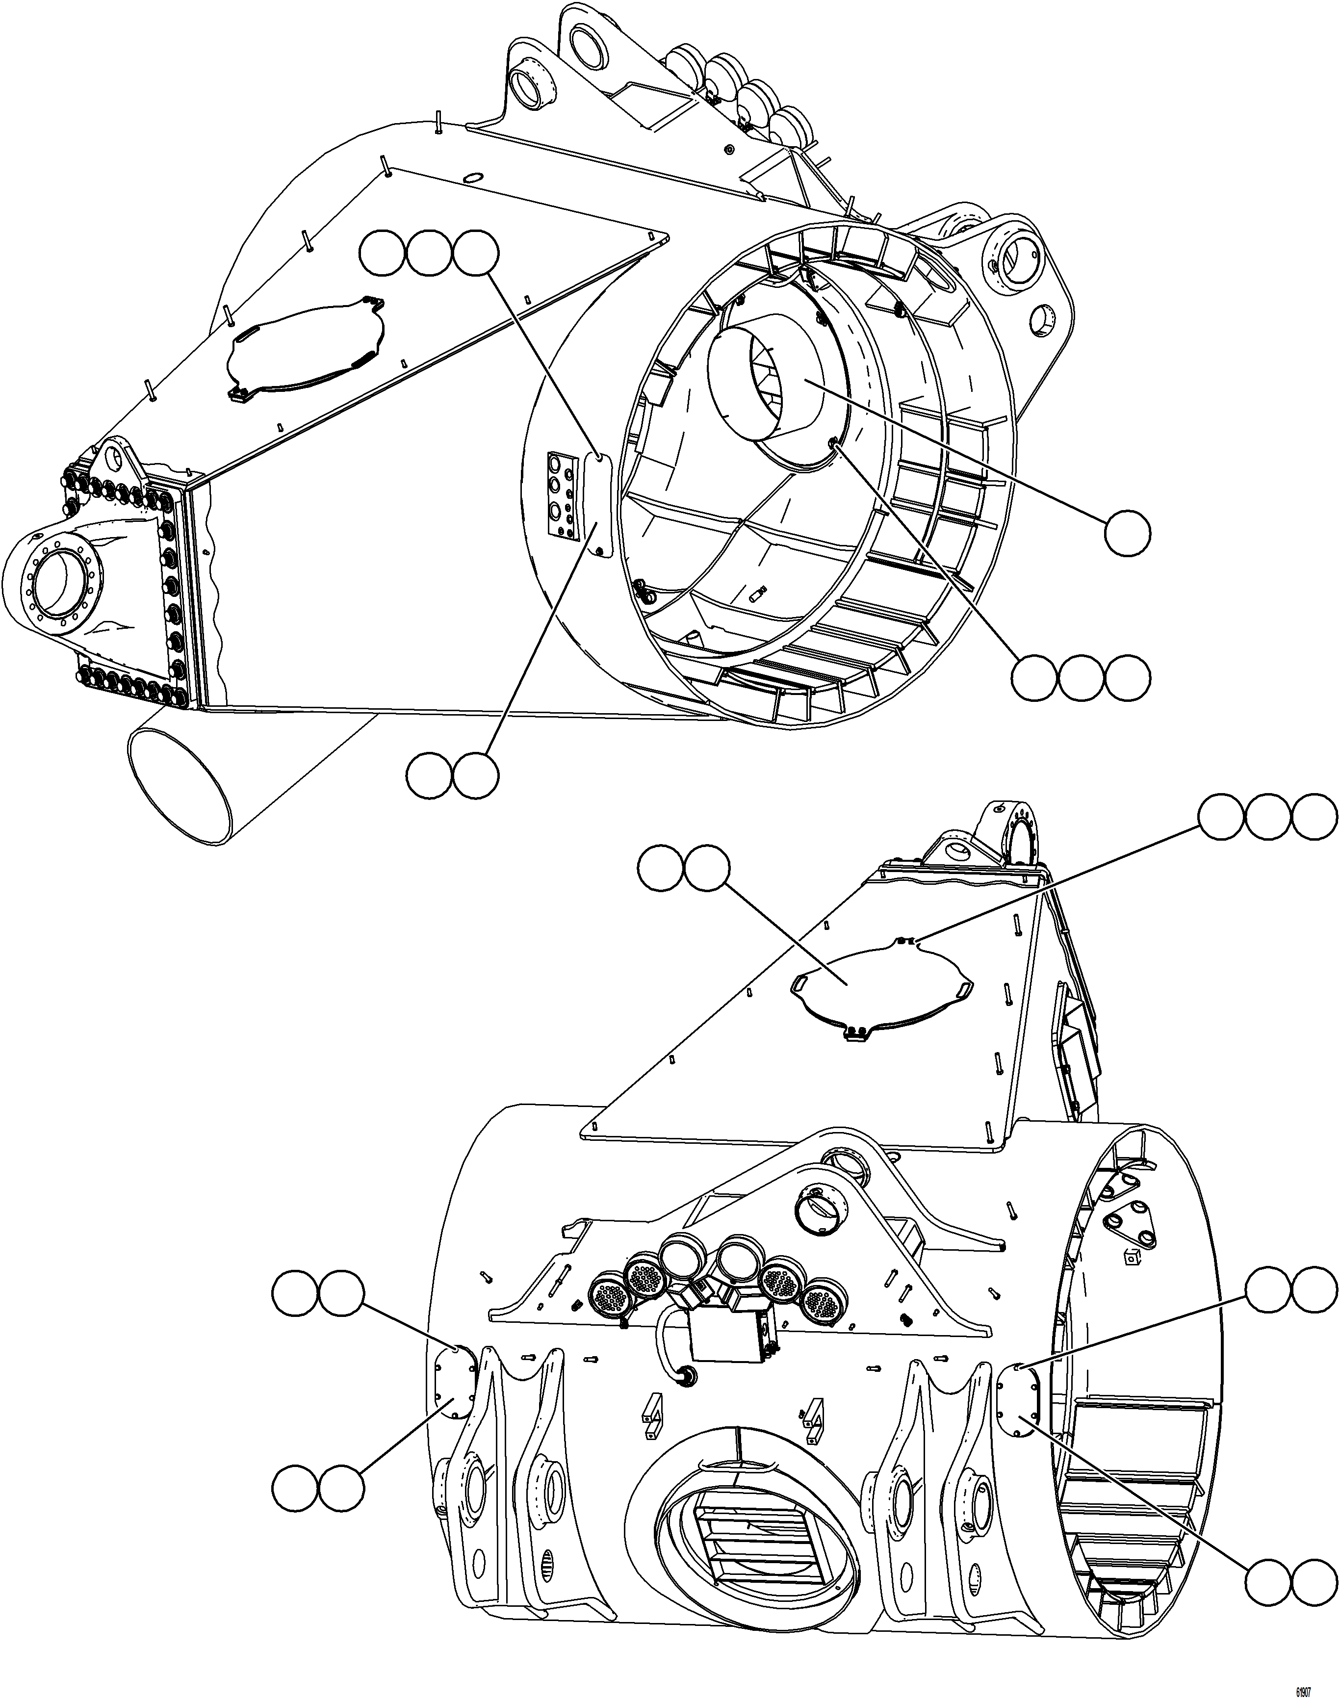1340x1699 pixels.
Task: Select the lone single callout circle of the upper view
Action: coord(1128,533)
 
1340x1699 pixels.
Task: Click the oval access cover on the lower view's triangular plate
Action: coord(882,987)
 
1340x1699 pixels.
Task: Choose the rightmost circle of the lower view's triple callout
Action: coord(1314,819)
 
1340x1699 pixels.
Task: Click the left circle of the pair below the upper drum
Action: coord(429,776)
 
